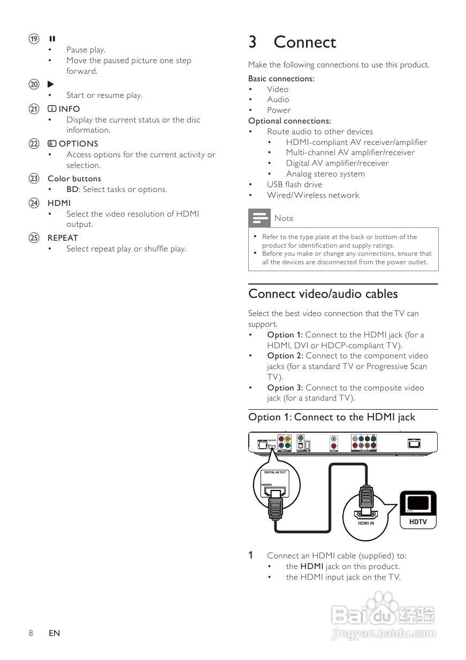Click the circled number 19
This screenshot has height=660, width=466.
tap(34, 39)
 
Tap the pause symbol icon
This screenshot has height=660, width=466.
tap(52, 39)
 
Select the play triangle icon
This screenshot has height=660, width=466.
tap(51, 84)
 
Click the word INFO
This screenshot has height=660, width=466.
tap(69, 109)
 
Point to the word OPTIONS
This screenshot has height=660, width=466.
tap(78, 143)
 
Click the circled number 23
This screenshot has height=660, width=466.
tap(34, 179)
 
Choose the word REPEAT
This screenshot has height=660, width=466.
tap(63, 237)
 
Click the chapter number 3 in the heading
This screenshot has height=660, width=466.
tap(253, 42)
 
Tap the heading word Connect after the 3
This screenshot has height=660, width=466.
tap(304, 42)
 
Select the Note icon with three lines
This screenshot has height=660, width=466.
tap(259, 218)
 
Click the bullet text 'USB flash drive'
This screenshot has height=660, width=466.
tap(294, 185)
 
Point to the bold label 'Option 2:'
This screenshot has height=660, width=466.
tap(285, 356)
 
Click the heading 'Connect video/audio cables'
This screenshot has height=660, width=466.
tap(323, 294)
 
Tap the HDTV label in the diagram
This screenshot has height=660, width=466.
tap(418, 521)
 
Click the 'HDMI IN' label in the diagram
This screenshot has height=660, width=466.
tap(366, 523)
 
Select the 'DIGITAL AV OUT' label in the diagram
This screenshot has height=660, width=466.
tap(275, 472)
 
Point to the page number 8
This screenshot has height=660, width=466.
tap(31, 633)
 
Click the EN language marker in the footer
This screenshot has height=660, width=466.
tap(54, 633)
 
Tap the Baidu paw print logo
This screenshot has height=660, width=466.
tap(383, 605)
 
